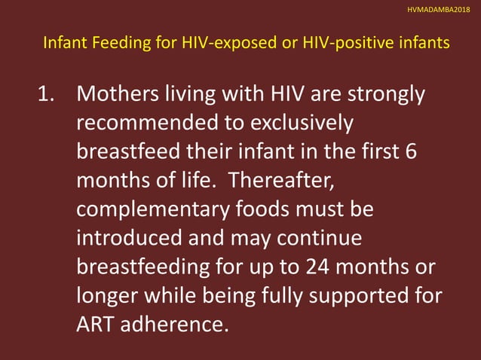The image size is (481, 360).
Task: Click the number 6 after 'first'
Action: pos(410,150)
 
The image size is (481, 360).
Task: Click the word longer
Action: pos(104,294)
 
